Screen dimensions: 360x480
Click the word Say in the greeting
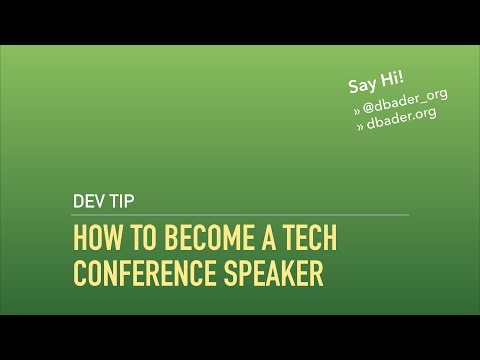(x=361, y=86)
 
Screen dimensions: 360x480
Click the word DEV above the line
(x=90, y=197)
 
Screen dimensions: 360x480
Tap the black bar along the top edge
(x=240, y=21)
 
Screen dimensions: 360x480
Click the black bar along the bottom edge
(x=240, y=337)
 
